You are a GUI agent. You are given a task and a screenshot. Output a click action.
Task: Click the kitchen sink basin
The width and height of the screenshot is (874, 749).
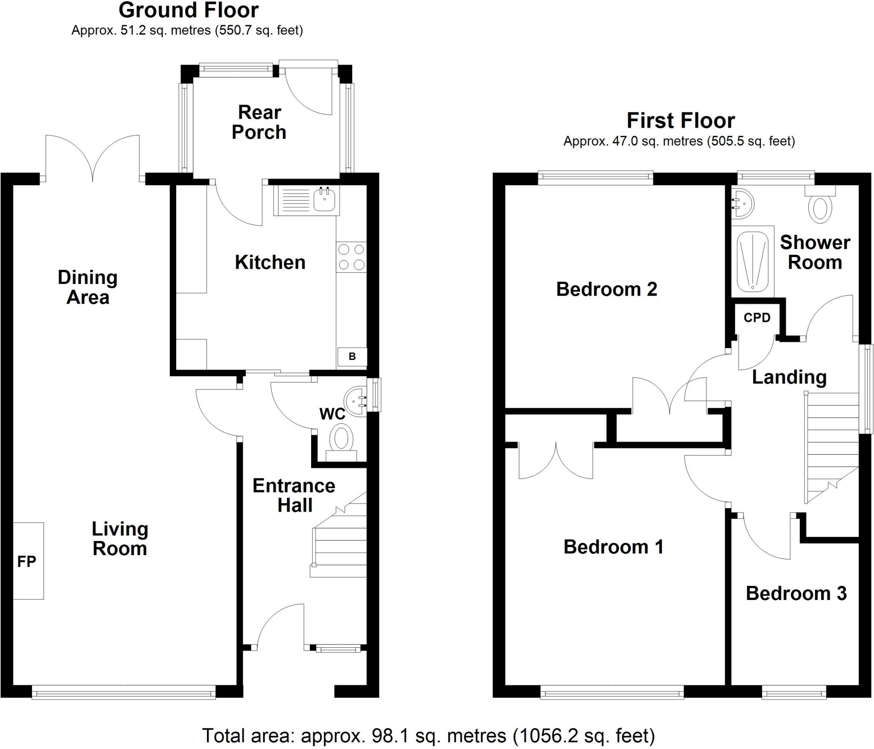click(x=325, y=200)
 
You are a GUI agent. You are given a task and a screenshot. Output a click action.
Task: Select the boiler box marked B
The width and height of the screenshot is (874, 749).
click(x=352, y=357)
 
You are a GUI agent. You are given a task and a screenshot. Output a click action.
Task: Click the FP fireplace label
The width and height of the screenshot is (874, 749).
click(x=26, y=561)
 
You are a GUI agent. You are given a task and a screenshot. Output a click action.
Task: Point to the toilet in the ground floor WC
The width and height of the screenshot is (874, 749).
click(x=341, y=444)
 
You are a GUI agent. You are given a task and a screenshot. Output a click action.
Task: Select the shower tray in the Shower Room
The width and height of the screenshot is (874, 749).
click(x=752, y=261)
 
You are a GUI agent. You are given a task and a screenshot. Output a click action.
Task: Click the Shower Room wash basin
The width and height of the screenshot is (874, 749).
click(x=743, y=204)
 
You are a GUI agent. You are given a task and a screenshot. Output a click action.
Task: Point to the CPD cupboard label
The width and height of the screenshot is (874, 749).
click(x=757, y=318)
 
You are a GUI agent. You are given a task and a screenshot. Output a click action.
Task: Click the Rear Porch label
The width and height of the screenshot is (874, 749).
click(x=259, y=123)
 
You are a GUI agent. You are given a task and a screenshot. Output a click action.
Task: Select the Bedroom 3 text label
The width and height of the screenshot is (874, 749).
click(x=796, y=594)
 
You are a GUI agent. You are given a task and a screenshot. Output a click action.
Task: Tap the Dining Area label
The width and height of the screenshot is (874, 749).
click(x=88, y=287)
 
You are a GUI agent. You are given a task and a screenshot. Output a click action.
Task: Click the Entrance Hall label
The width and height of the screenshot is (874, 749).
click(x=294, y=495)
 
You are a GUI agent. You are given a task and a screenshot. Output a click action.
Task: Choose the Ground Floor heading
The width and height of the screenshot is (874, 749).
click(x=189, y=10)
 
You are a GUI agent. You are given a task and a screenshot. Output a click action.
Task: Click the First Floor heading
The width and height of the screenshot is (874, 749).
click(x=681, y=120)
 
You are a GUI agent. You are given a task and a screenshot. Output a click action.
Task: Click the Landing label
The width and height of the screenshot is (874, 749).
click(x=789, y=377)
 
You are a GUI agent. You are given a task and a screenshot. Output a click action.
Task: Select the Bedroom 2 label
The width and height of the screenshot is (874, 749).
click(x=606, y=289)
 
